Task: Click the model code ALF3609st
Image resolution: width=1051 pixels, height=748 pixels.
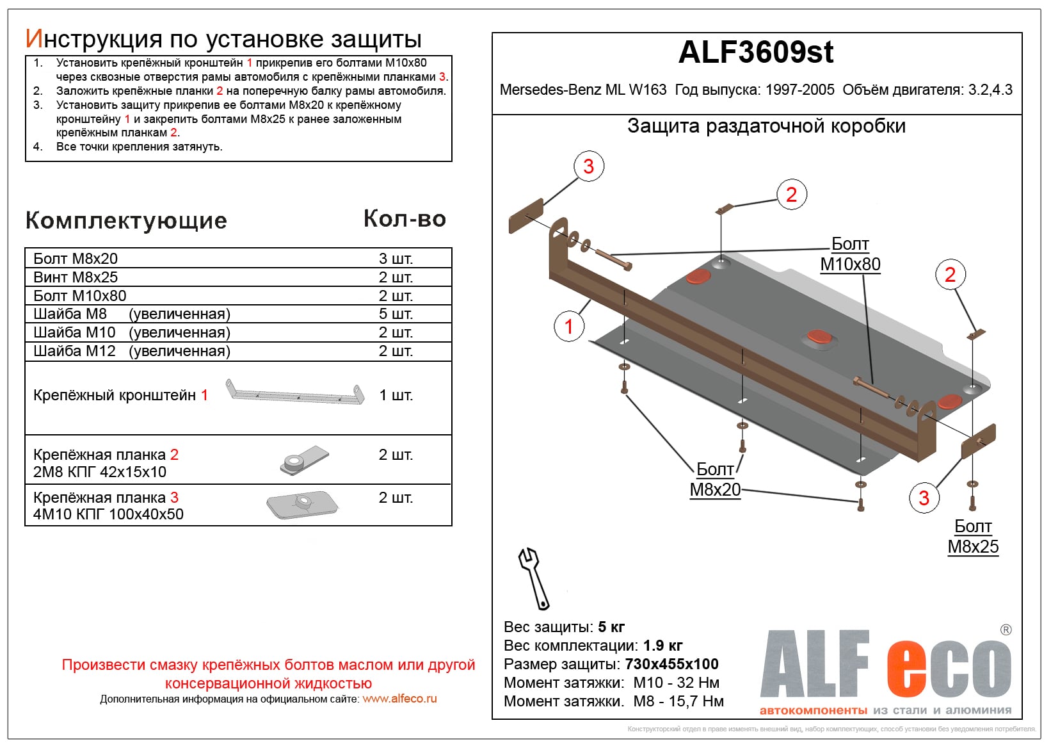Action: [755, 53]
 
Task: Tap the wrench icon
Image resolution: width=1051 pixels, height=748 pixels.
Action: [533, 578]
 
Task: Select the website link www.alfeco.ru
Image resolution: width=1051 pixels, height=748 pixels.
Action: [399, 699]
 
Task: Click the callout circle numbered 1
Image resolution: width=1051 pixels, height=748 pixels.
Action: [568, 327]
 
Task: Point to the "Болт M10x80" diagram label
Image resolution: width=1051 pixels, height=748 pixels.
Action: [850, 254]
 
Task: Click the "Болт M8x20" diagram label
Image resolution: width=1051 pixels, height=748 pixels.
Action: [715, 480]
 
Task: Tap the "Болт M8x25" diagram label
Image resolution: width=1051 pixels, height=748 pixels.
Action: [973, 537]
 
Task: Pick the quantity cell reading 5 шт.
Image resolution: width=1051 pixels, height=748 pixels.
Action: [396, 314]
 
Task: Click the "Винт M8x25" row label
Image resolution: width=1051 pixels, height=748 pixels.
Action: [76, 277]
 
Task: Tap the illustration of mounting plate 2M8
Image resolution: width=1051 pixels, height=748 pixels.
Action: [304, 460]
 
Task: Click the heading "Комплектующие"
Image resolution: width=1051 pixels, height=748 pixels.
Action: [126, 221]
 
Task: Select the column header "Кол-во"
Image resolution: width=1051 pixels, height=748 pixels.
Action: [405, 219]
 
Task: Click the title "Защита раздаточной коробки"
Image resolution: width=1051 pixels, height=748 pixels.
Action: [766, 126]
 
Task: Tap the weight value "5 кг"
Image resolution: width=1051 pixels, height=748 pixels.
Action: [611, 627]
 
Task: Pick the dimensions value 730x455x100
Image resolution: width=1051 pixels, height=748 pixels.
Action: [671, 664]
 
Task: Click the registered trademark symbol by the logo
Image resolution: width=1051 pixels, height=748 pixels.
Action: [1006, 630]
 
